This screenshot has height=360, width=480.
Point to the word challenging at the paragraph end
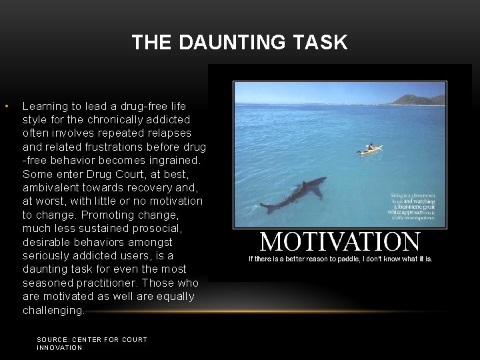click(53, 310)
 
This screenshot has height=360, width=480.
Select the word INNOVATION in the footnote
click(59, 347)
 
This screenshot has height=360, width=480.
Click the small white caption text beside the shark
click(413, 206)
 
